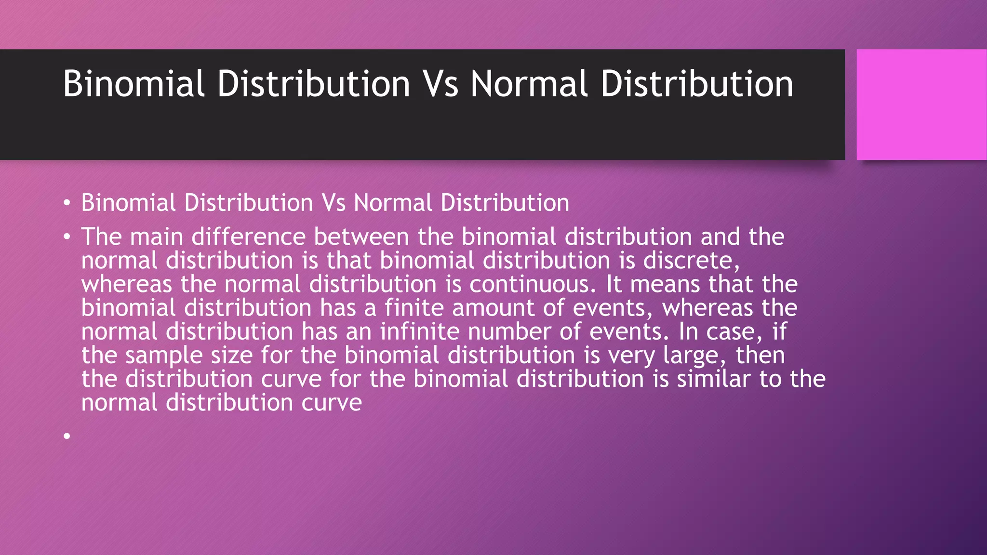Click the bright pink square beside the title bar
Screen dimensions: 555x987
point(921,105)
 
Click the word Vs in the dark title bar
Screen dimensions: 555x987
point(440,84)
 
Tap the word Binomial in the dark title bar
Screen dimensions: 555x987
point(134,84)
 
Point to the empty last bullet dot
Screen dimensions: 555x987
point(67,436)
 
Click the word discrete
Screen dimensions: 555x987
point(691,261)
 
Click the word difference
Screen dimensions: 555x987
point(249,237)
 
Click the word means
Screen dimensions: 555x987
point(665,284)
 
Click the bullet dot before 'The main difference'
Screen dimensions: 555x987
point(67,237)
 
